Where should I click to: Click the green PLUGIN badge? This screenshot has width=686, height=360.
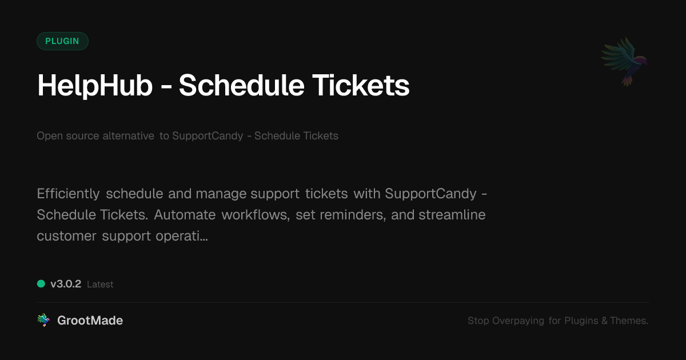[x=62, y=41]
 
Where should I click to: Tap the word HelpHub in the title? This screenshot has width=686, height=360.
[x=95, y=86]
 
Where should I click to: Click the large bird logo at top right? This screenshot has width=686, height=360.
[x=624, y=61]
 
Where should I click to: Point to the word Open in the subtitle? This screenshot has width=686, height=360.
[x=49, y=136]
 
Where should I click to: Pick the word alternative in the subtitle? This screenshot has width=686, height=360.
[x=128, y=136]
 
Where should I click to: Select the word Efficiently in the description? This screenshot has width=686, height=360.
[x=68, y=194]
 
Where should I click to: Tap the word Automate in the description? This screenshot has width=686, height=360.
[x=185, y=215]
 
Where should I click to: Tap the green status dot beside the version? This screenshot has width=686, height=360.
[x=41, y=283]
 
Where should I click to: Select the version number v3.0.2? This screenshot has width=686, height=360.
[x=66, y=284]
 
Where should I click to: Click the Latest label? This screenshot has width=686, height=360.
[x=100, y=284]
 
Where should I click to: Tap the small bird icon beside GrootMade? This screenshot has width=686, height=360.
[x=43, y=321]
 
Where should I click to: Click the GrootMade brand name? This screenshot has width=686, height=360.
[x=90, y=321]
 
